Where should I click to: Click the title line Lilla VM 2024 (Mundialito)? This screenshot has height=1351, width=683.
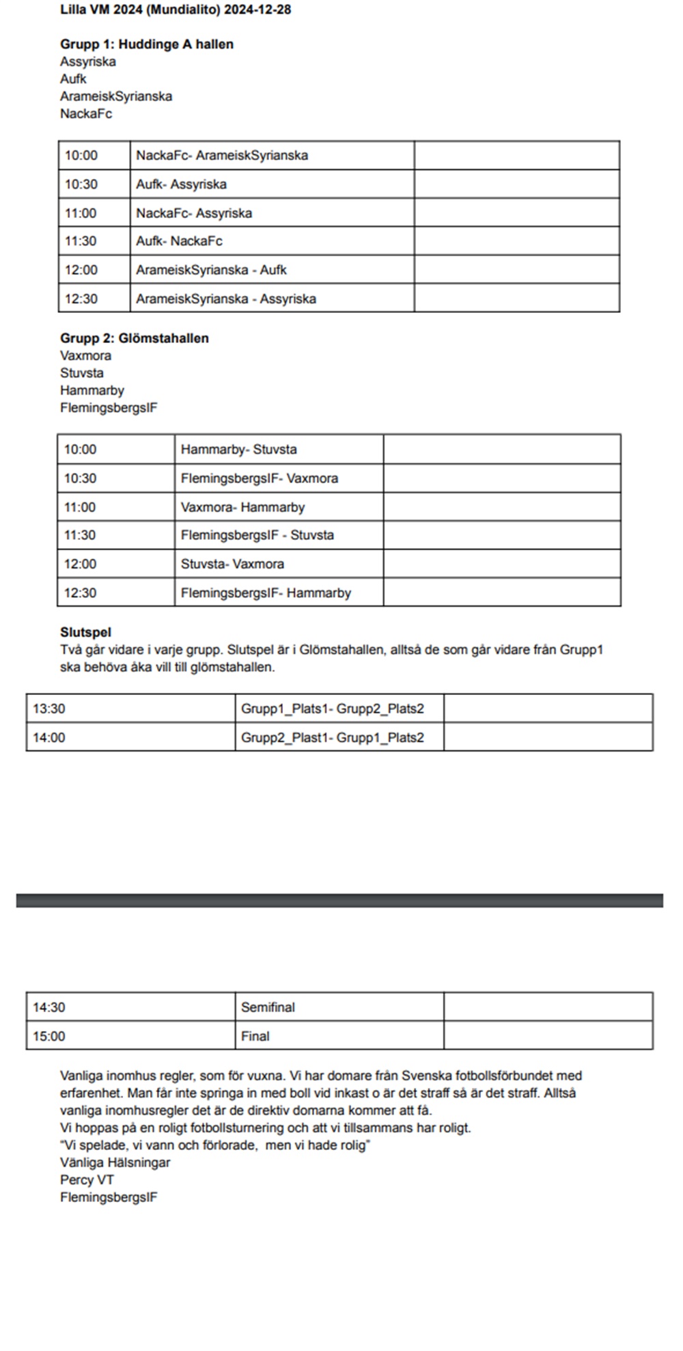(176, 10)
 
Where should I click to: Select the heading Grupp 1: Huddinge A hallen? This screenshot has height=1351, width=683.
(147, 44)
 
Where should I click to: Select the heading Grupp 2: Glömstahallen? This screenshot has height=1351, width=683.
(135, 338)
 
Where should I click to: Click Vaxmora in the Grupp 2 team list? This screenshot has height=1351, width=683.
(85, 356)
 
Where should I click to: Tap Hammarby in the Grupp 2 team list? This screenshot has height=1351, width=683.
(92, 391)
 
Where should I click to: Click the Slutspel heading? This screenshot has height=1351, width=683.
(85, 633)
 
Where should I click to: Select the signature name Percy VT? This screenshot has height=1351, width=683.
(87, 1180)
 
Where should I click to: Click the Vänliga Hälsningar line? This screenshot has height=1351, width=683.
(115, 1162)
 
